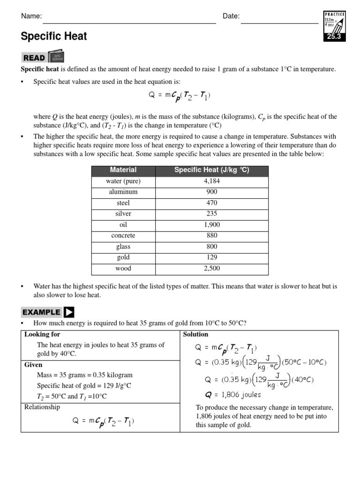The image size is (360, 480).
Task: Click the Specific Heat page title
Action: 54,37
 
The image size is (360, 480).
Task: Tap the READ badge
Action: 34,58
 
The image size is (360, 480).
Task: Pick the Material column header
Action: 123,170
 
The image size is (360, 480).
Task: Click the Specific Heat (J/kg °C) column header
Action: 212,170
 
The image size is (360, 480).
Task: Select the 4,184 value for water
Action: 212,181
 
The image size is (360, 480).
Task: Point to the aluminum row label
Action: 123,192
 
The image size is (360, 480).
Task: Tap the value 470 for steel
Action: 212,203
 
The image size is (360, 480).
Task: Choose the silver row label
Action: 123,214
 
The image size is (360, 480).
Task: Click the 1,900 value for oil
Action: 212,225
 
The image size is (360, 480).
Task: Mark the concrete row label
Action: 123,235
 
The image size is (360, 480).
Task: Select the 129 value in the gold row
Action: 212,257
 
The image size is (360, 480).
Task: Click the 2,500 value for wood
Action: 212,268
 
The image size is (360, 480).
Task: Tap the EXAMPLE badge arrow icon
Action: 69,312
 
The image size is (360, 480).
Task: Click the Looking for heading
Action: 42,335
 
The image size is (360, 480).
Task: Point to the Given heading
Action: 33,365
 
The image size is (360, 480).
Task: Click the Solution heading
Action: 195,335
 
